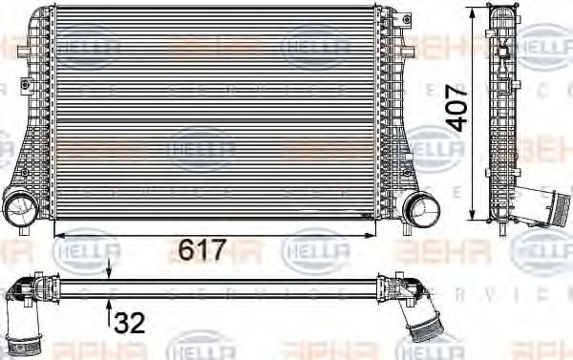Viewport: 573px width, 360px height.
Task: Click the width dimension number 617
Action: coord(202,251)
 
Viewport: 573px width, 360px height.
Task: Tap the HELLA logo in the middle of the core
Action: coord(202,148)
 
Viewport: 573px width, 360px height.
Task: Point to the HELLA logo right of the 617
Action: coord(316,253)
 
